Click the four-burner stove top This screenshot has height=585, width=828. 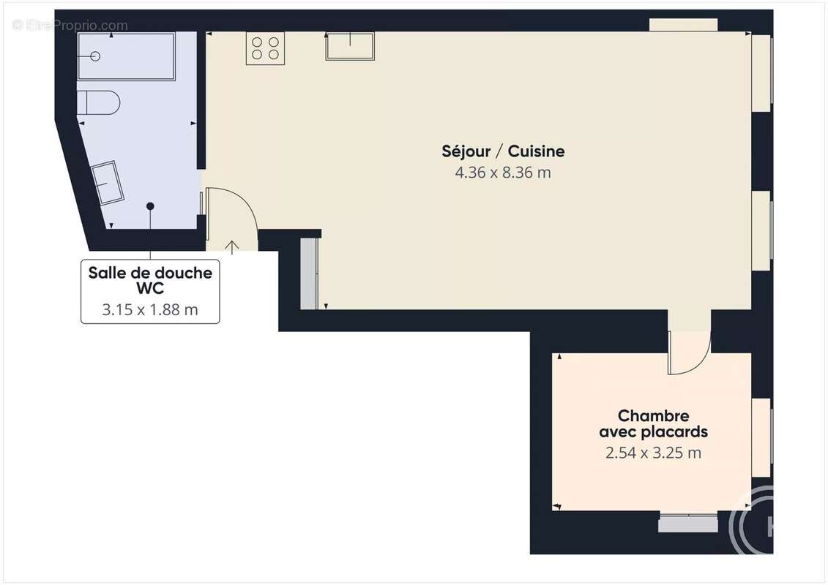[265, 48]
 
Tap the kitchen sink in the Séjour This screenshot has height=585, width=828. [349, 46]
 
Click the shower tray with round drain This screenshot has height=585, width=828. [126, 56]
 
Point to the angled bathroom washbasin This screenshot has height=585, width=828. [108, 181]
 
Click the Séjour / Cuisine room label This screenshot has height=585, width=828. [503, 151]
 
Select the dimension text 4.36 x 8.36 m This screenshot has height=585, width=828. [503, 173]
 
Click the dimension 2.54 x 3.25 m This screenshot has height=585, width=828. [653, 453]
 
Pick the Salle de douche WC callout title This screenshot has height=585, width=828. [150, 280]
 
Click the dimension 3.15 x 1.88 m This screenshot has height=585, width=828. [150, 309]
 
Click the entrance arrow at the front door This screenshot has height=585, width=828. [233, 246]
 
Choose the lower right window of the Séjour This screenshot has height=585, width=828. [762, 224]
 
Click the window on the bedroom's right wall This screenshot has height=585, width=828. [762, 437]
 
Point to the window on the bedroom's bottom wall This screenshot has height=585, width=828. [687, 523]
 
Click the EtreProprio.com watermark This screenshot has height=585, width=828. [70, 26]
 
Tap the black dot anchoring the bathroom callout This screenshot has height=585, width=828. [150, 206]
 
